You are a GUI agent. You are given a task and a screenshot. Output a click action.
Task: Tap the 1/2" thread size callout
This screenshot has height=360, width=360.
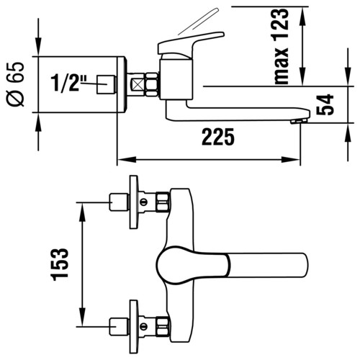coord(66,83)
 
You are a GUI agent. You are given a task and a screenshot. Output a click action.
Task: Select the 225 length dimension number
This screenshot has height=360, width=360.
coord(218,137)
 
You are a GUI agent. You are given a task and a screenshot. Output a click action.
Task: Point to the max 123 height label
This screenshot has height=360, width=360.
coord(282,46)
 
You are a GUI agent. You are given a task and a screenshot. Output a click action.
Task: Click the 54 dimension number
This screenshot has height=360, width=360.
coord(325,104)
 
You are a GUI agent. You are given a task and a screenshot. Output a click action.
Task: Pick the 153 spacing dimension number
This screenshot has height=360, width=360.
coord(60,264)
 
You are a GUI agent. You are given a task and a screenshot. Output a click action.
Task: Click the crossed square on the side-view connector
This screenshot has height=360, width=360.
coord(138,85)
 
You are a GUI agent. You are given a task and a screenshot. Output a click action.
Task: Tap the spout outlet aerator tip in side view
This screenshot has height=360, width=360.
coord(299,121)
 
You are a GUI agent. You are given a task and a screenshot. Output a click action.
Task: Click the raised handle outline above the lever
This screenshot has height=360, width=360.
coord(199,22)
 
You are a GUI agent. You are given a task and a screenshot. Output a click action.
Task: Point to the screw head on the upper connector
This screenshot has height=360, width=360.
coord(143,202)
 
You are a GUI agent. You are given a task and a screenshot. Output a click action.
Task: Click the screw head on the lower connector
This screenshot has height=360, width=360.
coord(143,325)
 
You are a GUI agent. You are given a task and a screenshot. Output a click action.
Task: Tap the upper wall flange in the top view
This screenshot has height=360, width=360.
coord(134,202)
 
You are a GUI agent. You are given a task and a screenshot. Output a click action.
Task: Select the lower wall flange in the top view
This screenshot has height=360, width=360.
coord(134,326)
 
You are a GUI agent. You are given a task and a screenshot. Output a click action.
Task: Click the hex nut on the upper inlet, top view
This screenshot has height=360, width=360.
coord(163,202)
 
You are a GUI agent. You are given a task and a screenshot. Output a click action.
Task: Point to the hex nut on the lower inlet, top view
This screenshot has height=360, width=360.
coord(163,325)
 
